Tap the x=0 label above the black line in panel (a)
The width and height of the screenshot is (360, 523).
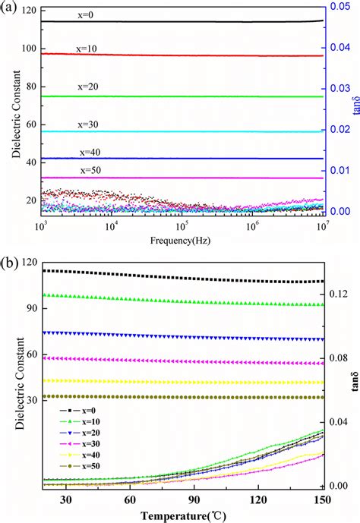[87, 15]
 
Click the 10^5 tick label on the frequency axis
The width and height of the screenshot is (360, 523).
[182, 227]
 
